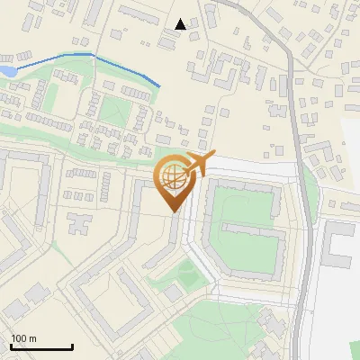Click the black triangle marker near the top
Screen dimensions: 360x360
181,24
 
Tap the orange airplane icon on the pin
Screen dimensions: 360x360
197,166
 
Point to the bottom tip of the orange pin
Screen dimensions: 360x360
173,212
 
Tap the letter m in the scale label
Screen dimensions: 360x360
33,338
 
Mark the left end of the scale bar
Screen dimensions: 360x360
11,346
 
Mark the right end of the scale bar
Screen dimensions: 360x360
72,346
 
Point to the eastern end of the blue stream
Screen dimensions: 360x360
160,86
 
